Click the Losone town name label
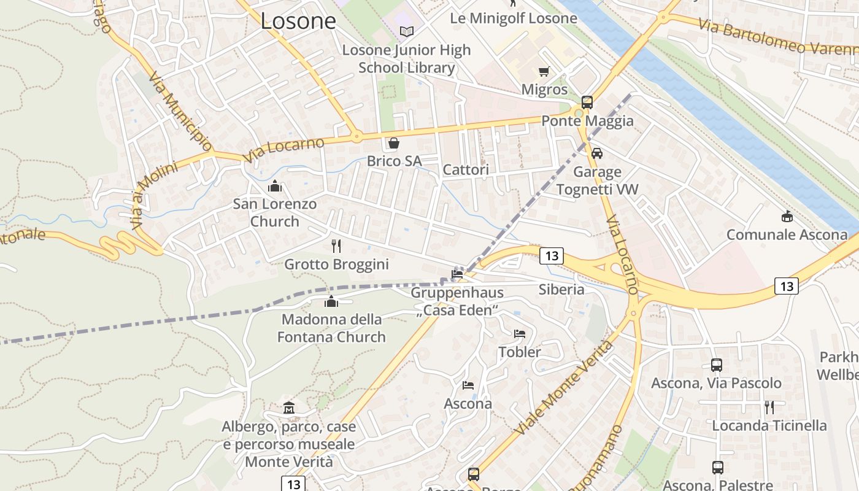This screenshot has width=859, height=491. pyautogui.click(x=298, y=21)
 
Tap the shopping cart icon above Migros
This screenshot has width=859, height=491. pyautogui.click(x=544, y=72)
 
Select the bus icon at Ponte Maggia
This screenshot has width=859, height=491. pyautogui.click(x=587, y=102)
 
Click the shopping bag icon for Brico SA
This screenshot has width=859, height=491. pyautogui.click(x=393, y=143)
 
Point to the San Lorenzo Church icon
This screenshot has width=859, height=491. pyautogui.click(x=275, y=185)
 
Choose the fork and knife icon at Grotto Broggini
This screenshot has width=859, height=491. pyautogui.click(x=336, y=246)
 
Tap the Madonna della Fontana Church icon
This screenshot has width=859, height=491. pyautogui.click(x=331, y=301)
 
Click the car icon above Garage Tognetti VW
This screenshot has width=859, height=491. pyautogui.click(x=597, y=153)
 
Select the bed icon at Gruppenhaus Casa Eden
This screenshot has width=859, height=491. pyautogui.click(x=457, y=274)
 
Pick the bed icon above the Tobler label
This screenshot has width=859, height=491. pyautogui.click(x=520, y=334)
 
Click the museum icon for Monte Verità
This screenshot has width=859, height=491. pyautogui.click(x=289, y=408)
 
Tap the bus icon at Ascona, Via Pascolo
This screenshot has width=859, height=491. pyautogui.click(x=716, y=365)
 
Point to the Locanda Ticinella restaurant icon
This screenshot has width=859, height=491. pyautogui.click(x=769, y=407)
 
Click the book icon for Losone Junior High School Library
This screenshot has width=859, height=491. pyautogui.click(x=406, y=31)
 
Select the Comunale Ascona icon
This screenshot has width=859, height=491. pyautogui.click(x=787, y=216)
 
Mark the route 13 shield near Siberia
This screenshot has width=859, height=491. pyautogui.click(x=551, y=256)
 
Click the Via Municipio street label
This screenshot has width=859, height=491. pyautogui.click(x=180, y=114)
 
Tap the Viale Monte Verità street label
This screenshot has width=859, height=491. pyautogui.click(x=564, y=387)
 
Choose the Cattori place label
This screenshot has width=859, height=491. pyautogui.click(x=466, y=170)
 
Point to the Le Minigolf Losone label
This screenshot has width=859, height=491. pyautogui.click(x=514, y=18)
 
